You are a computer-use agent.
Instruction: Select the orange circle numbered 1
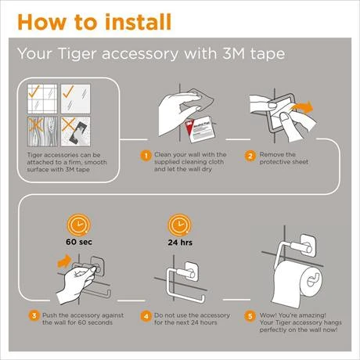point(145,155)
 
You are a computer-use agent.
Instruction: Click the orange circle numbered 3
point(34,316)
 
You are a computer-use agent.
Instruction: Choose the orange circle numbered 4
point(145,316)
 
